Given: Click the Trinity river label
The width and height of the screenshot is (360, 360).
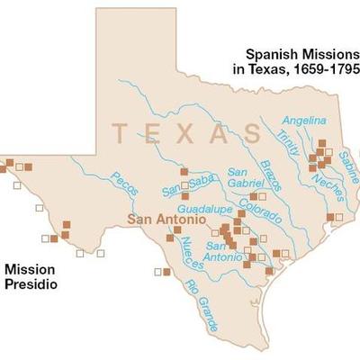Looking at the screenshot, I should pos(288,135).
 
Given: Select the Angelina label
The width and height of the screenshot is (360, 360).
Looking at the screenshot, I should pos(301,120).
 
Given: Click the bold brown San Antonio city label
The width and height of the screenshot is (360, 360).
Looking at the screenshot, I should pos(161,219).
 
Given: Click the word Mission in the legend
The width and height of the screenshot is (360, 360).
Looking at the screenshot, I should pos(30,269).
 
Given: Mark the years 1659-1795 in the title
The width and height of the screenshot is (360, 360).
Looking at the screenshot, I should pos(324,69).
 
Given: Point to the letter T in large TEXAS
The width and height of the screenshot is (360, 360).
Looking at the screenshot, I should pos(121,133).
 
